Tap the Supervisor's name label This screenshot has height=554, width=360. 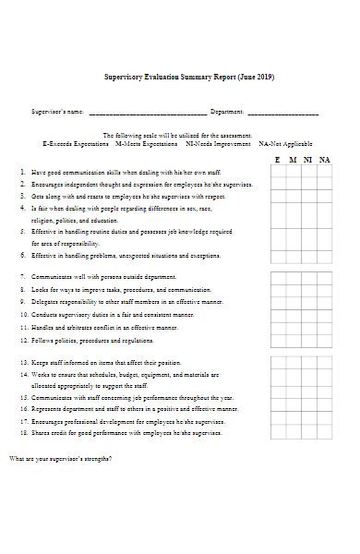(57, 113)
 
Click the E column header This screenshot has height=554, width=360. (278, 160)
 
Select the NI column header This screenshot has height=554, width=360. (308, 160)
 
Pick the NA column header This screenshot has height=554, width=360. (324, 160)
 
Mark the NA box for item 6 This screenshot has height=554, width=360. (324, 254)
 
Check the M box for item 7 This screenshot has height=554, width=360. (294, 276)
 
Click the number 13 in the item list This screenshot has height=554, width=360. (23, 362)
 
